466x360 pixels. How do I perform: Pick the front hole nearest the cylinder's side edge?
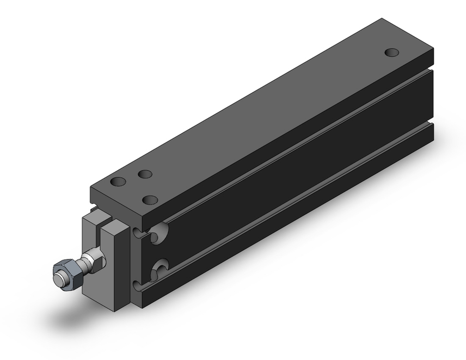(x=150, y=200)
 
